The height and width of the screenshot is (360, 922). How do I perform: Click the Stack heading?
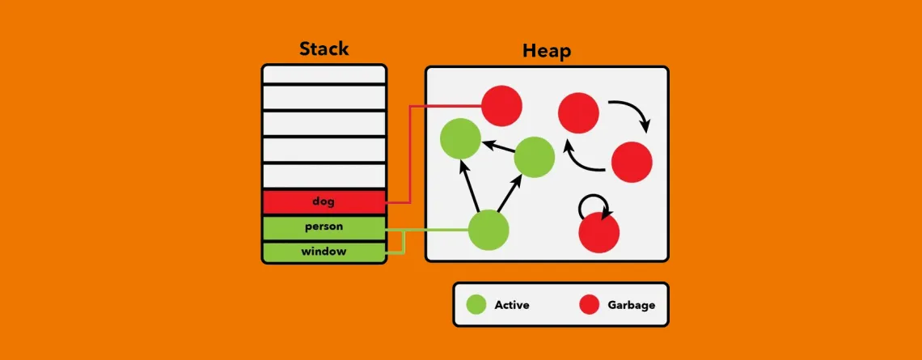tap(324, 49)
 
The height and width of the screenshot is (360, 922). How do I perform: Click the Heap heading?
tap(546, 51)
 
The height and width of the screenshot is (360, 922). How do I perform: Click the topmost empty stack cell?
tap(324, 74)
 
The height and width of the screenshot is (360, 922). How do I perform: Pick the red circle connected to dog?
tap(501, 106)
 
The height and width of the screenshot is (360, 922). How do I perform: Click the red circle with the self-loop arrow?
tap(598, 233)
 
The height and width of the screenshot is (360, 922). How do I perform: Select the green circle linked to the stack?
tap(488, 230)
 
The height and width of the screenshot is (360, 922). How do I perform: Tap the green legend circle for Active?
tap(476, 305)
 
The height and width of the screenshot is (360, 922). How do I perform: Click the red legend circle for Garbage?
tap(590, 305)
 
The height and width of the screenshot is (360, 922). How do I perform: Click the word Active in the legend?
tap(512, 305)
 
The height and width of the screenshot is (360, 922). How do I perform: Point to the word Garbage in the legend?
tap(631, 305)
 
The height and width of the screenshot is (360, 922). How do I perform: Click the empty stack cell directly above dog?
tap(324, 176)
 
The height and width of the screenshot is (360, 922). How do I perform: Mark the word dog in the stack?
tap(324, 202)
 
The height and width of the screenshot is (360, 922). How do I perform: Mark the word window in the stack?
tap(324, 252)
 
